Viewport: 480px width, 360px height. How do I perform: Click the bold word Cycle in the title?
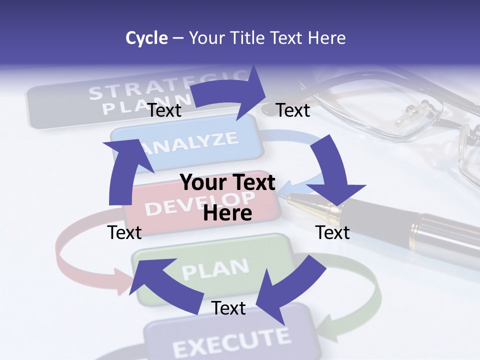[x=146, y=38]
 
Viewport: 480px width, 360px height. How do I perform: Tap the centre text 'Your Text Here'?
[x=228, y=198]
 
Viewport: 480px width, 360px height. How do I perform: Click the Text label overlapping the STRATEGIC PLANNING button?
[x=164, y=110]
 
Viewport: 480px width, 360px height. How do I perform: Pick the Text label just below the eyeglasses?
[x=293, y=110]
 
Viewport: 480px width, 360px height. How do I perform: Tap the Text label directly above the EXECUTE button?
[x=228, y=308]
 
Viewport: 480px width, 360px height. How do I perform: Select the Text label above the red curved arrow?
[x=125, y=232]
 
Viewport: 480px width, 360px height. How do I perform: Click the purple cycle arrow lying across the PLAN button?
[x=165, y=285]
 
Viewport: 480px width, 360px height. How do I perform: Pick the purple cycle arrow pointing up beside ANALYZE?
[x=125, y=170]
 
